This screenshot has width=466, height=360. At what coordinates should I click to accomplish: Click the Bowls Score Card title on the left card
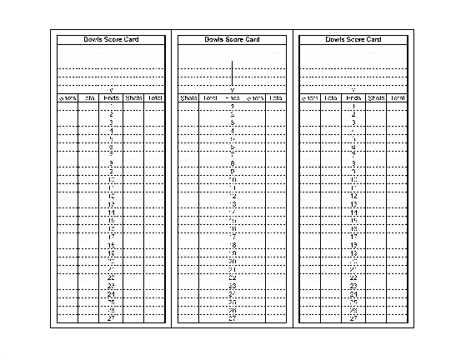click(111, 39)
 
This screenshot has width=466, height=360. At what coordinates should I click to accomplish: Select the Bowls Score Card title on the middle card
click(232, 39)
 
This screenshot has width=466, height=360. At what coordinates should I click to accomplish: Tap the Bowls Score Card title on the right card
click(353, 39)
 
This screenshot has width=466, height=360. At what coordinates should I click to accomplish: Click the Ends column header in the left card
click(111, 98)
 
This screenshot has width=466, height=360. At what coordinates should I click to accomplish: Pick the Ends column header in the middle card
click(233, 98)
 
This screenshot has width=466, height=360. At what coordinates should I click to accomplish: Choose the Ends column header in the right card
click(353, 98)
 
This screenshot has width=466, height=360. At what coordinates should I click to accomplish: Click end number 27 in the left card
click(111, 317)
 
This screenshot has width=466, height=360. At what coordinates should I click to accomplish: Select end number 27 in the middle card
click(233, 317)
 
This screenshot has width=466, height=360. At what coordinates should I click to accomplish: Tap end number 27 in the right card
click(353, 317)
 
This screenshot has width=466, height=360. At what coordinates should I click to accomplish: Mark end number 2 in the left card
click(111, 115)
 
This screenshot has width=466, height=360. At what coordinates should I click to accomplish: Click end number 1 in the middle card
click(233, 107)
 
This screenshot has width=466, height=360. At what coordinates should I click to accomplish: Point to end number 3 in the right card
click(353, 122)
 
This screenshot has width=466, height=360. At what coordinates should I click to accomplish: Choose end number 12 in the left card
click(111, 196)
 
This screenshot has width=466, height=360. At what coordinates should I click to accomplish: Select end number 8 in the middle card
click(233, 163)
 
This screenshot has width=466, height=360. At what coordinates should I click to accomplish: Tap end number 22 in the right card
click(353, 277)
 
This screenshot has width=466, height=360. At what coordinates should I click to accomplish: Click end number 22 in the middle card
click(233, 277)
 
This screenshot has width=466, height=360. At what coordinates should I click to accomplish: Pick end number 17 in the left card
click(111, 237)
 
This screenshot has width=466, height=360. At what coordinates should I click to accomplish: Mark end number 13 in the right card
click(353, 204)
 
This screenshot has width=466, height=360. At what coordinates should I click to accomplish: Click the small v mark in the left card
click(111, 90)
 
